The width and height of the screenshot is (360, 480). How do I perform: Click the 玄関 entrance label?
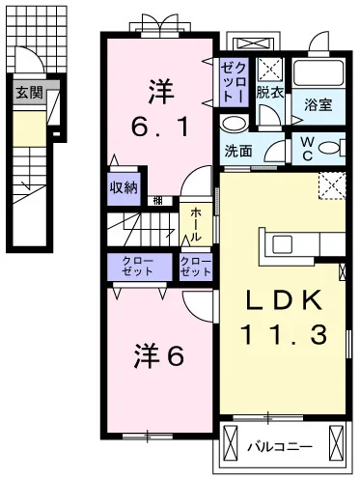tap(28, 94)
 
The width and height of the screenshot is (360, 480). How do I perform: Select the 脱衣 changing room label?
tap(269, 93)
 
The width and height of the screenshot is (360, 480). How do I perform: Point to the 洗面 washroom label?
tap(238, 152)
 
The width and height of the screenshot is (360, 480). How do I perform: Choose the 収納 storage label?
tap(122, 187)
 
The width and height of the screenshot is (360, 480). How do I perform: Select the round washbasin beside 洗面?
tap(232, 126)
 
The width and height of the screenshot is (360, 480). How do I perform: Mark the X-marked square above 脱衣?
tap(269, 68)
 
